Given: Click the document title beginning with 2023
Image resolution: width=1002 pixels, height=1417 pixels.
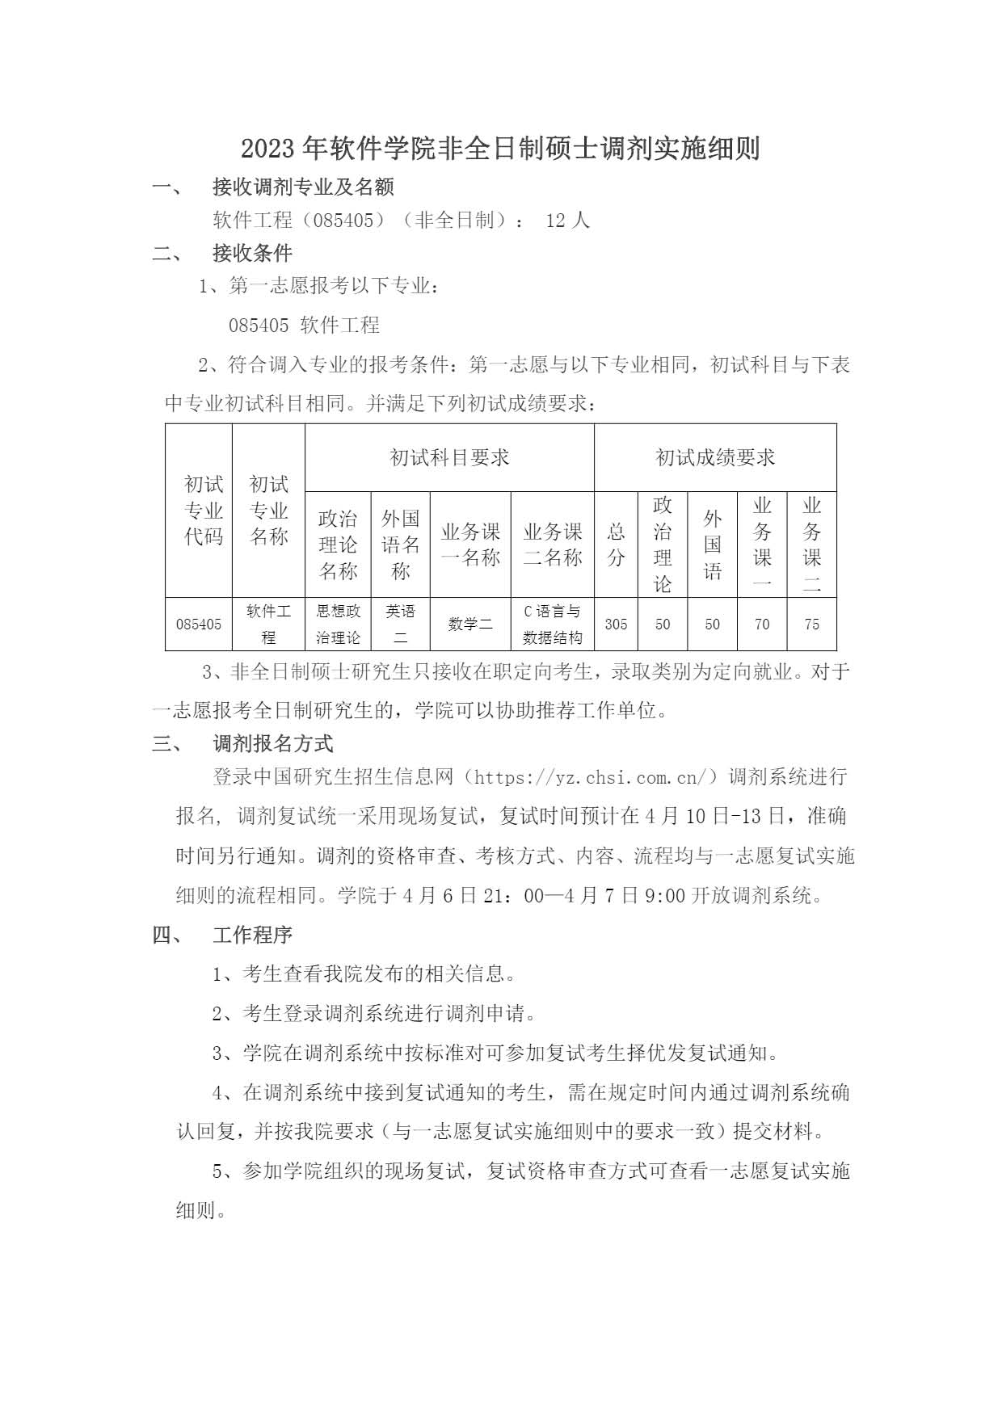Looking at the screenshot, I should coord(500,149).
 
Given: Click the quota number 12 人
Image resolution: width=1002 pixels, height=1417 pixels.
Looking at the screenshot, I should coord(568,221).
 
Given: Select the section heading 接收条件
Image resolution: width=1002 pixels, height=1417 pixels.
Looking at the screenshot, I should coord(252,254).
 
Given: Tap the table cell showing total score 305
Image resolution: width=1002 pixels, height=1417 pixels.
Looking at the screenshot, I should coord(616,624).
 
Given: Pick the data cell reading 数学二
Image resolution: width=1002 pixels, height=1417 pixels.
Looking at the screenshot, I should coord(470,624).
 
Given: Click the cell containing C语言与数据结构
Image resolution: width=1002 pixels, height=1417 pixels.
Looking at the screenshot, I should coord(552,624).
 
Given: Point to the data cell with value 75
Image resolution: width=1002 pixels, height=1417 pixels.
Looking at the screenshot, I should coord(811,624).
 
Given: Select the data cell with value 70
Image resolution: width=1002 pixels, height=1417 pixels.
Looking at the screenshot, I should coord(761,624).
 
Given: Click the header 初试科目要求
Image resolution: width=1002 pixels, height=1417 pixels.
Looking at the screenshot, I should coord(449,458).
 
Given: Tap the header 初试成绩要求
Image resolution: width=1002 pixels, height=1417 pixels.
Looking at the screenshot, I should coord(715,458).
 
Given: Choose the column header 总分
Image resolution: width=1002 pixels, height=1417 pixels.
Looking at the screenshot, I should coord(616,545).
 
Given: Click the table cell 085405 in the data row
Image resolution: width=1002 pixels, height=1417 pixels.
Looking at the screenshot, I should coord(199,624).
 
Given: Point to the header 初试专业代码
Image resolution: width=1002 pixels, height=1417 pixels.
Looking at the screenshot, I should coord(203,511).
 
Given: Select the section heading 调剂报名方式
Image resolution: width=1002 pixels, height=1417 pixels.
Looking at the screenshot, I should coord(272,744).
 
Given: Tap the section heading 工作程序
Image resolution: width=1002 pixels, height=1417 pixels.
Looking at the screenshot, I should coord(252,936).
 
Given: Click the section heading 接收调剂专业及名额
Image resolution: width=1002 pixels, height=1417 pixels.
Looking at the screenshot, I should coord(303,187).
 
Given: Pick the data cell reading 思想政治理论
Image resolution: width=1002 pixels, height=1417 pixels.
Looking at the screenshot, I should coord(338,624).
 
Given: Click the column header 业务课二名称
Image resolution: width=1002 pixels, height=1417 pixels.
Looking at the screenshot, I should coord(552,545).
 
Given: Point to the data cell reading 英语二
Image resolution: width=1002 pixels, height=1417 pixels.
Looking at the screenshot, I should coord(400,624).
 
